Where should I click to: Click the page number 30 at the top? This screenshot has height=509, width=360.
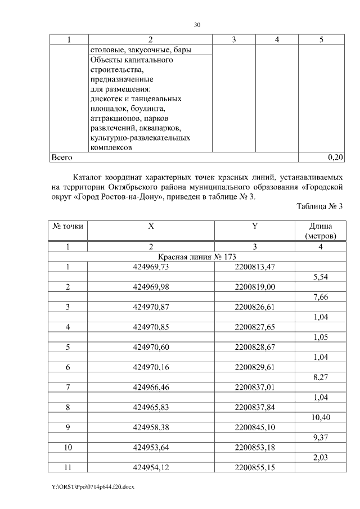[x=197, y=25]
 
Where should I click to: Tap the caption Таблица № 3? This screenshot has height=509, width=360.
[x=319, y=206]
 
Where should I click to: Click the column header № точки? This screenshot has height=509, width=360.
[x=68, y=226]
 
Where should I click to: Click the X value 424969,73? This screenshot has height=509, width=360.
[x=151, y=267]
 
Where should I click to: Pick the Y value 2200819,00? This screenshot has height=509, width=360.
[x=255, y=287]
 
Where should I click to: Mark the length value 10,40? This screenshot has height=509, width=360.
[x=320, y=418]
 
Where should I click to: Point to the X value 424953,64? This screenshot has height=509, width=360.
[x=151, y=448]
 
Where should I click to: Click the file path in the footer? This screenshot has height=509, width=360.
[x=89, y=487]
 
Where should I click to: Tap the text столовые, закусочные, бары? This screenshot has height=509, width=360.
[x=141, y=50]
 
